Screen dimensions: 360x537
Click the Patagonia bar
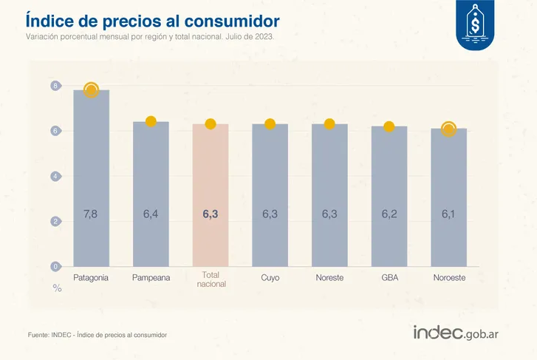tap(92, 177)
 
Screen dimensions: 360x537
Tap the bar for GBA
tap(389, 196)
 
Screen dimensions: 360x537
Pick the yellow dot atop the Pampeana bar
tap(151, 121)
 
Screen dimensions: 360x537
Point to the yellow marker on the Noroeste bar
tap(448, 129)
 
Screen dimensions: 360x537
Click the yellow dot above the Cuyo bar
tap(270, 123)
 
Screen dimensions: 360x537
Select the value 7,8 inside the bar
tap(91, 214)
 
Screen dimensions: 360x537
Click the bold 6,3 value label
tap(211, 214)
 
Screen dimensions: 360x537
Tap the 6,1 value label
tap(448, 214)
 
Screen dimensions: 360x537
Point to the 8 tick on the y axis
tap(55, 86)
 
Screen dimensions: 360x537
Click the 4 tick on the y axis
tap(55, 176)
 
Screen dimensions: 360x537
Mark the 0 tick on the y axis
tap(55, 265)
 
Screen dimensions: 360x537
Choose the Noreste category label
tap(329, 278)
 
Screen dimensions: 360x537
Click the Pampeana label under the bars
tap(151, 278)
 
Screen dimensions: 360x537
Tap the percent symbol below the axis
tap(57, 288)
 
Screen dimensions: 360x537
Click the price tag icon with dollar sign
tap(475, 27)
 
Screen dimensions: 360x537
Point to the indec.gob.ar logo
tap(456, 333)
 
